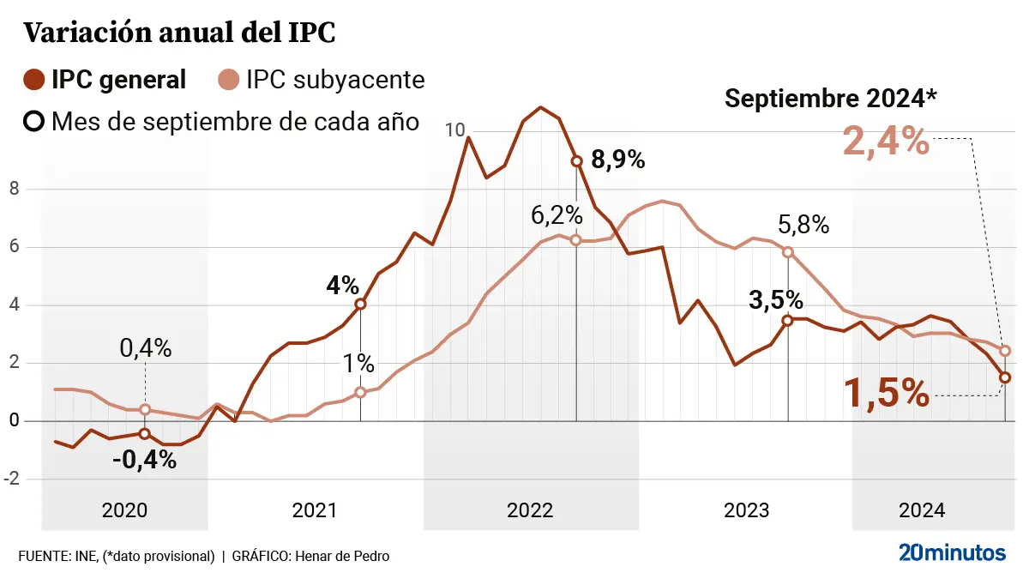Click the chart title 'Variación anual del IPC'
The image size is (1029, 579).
click(x=178, y=33)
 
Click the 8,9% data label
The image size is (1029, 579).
click(x=617, y=160)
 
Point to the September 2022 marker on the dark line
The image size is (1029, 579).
click(x=576, y=160)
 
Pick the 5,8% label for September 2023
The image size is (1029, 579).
click(x=803, y=226)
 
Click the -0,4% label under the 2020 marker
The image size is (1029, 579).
click(x=144, y=460)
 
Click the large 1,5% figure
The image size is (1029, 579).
click(x=886, y=394)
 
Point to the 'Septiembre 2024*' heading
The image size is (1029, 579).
click(x=831, y=99)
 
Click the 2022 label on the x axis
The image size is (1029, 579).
click(x=530, y=510)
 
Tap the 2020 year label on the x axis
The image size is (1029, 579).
click(x=124, y=510)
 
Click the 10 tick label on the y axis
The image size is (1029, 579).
click(x=455, y=130)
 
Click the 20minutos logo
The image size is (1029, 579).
click(x=952, y=552)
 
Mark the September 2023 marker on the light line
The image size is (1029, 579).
click(x=788, y=252)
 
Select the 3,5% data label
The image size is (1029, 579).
click(x=775, y=300)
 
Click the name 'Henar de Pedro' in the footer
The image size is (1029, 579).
click(x=342, y=556)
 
